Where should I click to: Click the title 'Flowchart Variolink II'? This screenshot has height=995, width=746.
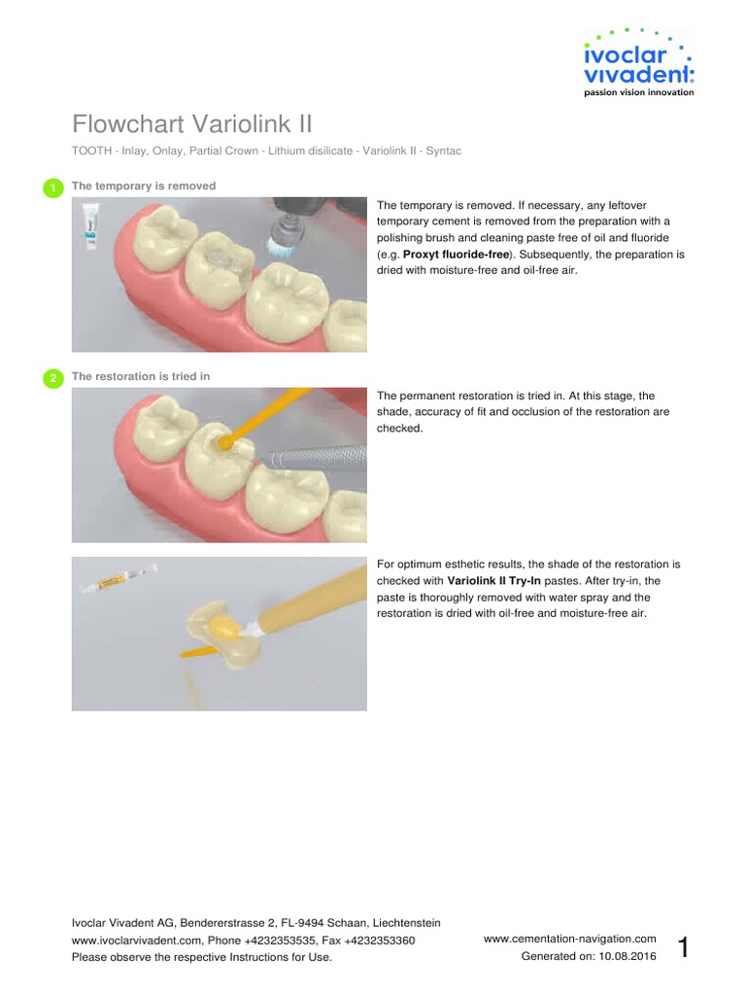pyautogui.click(x=192, y=124)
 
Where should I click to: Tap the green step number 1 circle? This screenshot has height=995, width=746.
pyautogui.click(x=52, y=188)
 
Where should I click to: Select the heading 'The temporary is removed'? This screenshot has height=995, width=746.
pyautogui.click(x=144, y=186)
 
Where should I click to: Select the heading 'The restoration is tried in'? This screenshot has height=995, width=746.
pyautogui.click(x=141, y=377)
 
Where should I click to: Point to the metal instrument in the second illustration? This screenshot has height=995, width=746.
pyautogui.click(x=321, y=455)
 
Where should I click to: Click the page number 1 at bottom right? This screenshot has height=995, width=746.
pyautogui.click(x=684, y=947)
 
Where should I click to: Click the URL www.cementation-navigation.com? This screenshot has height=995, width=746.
pyautogui.click(x=569, y=939)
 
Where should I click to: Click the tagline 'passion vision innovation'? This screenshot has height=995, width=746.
pyautogui.click(x=637, y=93)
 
